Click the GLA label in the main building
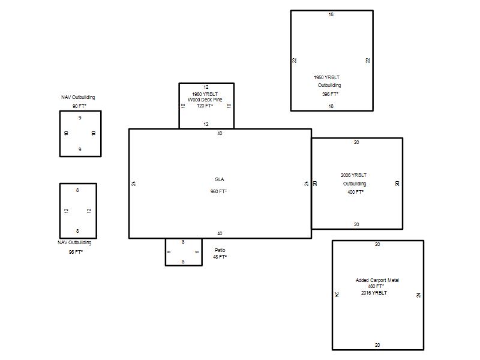pyautogui.click(x=219, y=179)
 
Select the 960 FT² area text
pyautogui.click(x=218, y=191)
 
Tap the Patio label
pyautogui.click(x=220, y=250)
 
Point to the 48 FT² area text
pyautogui.click(x=220, y=257)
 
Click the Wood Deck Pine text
pyautogui.click(x=205, y=100)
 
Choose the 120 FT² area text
pyautogui.click(x=205, y=106)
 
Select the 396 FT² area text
pyautogui.click(x=330, y=94)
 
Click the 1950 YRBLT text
pyautogui.click(x=326, y=77)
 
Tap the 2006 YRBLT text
pyautogui.click(x=353, y=175)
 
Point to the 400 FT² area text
pyautogui.click(x=355, y=192)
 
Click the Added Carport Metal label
pyautogui.click(x=377, y=280)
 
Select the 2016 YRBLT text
pyautogui.click(x=374, y=293)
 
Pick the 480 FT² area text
pyautogui.click(x=376, y=286)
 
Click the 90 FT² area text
pyautogui.click(x=79, y=106)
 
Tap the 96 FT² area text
pyautogui.click(x=76, y=252)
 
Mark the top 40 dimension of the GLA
pyautogui.click(x=220, y=133)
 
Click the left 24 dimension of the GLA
pyautogui.click(x=133, y=184)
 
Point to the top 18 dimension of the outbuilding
pyautogui.click(x=331, y=14)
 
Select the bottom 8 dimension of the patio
pyautogui.click(x=183, y=262)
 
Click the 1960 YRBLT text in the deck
pyautogui.click(x=205, y=94)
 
